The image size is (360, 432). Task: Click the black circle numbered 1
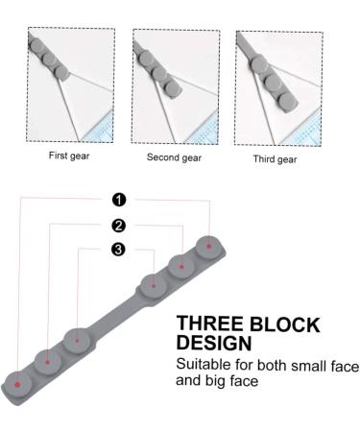point(119,200)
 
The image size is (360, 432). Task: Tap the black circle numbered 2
point(119,226)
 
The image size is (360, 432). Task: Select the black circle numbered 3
point(118,249)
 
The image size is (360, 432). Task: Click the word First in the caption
point(58,156)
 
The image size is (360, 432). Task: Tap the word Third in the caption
point(264,159)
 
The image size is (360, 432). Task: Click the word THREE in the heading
point(209,324)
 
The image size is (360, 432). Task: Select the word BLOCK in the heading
point(284,324)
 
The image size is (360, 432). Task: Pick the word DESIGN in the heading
point(214,343)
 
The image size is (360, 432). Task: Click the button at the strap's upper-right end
point(208,247)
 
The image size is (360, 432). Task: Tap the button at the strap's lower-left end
point(17,384)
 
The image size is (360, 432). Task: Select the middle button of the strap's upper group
point(181,267)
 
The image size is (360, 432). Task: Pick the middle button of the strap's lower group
point(47,362)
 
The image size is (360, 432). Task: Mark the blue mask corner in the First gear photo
point(99,128)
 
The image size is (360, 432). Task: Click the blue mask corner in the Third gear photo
point(303,131)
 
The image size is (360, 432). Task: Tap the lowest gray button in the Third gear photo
point(288,103)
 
